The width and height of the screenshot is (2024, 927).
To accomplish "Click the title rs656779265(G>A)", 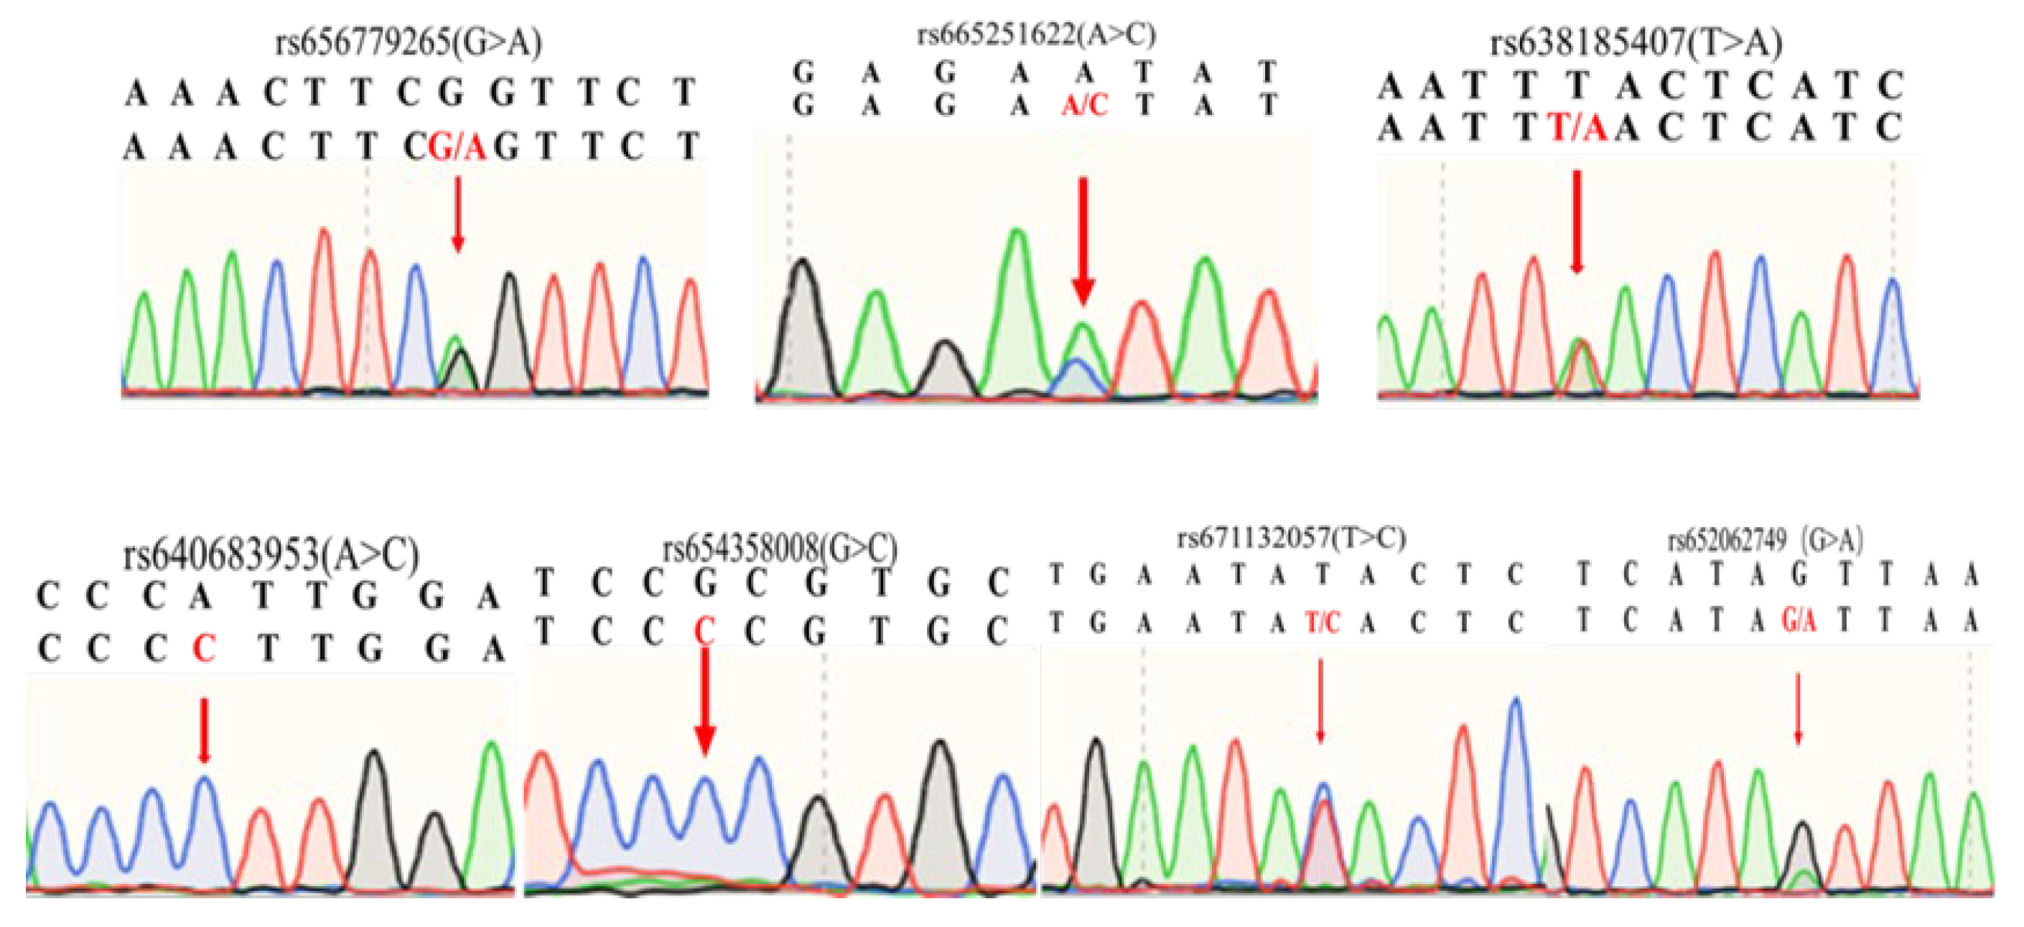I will click(408, 42).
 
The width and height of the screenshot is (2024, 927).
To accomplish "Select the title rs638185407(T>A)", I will click(1636, 42).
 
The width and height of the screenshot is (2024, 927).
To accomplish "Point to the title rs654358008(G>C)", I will click(780, 549).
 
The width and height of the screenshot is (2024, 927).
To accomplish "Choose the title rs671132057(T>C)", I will click(1291, 538).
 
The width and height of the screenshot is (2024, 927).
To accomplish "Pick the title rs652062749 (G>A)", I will click(1765, 541).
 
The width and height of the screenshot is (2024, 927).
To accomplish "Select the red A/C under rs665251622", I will click(1084, 105).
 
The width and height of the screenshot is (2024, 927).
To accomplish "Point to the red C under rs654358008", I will click(705, 631).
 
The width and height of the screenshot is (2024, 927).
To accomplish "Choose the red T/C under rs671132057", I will click(1322, 623).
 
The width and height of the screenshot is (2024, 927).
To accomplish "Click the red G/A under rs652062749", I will click(1799, 621).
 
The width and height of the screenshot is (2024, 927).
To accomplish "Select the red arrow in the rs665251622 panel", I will click(1083, 240).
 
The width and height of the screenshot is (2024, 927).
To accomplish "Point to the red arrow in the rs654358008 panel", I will click(705, 702).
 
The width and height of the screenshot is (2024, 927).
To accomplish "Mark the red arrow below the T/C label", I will click(1321, 701).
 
